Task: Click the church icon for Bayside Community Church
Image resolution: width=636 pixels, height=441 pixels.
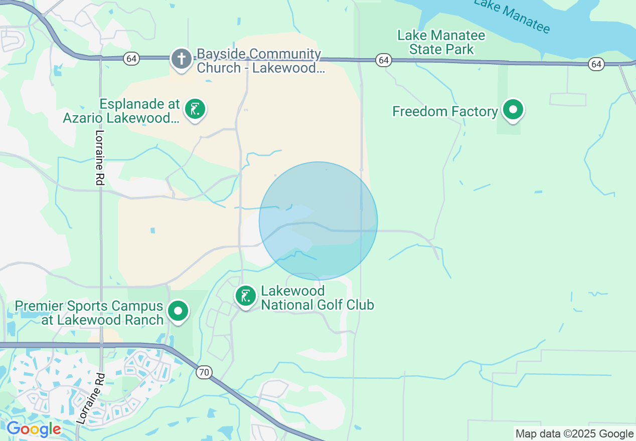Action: [181, 59]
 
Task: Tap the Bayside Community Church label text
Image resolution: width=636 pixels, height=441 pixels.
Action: [260, 61]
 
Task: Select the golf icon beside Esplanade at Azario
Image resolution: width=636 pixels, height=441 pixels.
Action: [195, 109]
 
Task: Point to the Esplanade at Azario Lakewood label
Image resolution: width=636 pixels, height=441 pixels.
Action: [121, 111]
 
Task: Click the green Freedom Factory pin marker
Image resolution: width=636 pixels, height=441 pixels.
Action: [513, 110]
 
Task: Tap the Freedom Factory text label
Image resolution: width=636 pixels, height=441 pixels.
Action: [444, 111]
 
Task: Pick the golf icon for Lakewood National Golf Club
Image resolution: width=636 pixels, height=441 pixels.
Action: [246, 296]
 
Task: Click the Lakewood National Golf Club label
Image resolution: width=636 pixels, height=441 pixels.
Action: [317, 298]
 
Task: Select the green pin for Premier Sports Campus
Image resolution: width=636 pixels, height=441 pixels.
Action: [178, 311]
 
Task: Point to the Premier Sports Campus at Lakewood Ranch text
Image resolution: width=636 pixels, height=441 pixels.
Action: [89, 313]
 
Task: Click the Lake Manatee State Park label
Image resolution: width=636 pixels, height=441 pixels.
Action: [441, 42]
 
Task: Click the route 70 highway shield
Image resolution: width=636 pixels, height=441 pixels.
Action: [203, 372]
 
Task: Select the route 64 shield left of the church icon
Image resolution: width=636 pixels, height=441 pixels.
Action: [131, 59]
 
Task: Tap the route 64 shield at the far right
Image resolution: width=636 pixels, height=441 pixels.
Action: [596, 64]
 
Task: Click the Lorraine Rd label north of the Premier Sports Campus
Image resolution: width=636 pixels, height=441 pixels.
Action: [99, 158]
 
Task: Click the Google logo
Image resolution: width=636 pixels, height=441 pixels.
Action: [34, 429]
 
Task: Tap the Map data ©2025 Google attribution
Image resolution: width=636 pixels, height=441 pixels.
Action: [574, 434]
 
